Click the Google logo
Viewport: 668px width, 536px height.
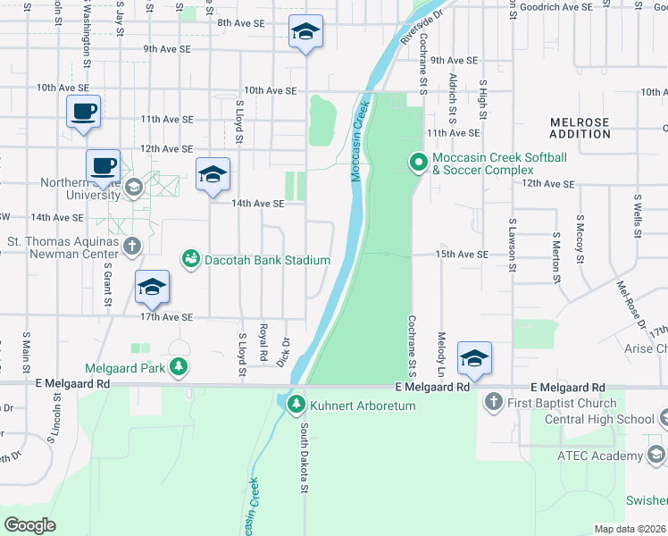point(30,524)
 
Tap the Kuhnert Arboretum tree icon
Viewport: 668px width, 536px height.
point(296,406)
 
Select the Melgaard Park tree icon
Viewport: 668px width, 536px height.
point(180,367)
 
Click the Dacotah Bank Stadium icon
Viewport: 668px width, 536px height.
point(190,260)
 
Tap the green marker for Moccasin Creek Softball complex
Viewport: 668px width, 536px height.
point(418,163)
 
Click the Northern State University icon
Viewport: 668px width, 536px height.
point(133,187)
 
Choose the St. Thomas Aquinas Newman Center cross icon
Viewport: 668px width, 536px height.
point(132,245)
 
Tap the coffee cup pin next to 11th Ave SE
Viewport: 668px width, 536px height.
point(84,113)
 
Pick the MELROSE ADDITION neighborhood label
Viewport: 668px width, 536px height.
point(580,128)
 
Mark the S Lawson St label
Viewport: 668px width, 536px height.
point(514,239)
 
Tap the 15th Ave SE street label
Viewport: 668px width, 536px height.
point(462,255)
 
